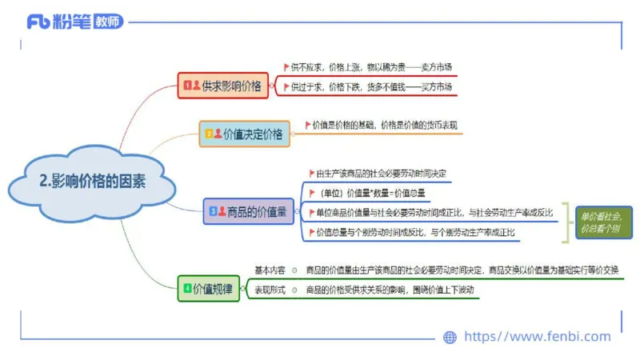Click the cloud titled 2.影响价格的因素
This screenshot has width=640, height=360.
[x=91, y=182]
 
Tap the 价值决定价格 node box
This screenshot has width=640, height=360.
[x=245, y=134]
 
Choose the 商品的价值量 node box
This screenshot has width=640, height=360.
[x=250, y=211]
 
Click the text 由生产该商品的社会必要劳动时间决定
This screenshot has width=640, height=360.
[x=381, y=173]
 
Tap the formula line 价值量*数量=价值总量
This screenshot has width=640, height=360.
[x=372, y=193]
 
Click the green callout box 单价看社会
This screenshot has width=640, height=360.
[x=600, y=222]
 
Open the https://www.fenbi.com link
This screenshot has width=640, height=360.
[x=537, y=337]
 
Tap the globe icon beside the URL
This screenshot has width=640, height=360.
[x=450, y=337]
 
